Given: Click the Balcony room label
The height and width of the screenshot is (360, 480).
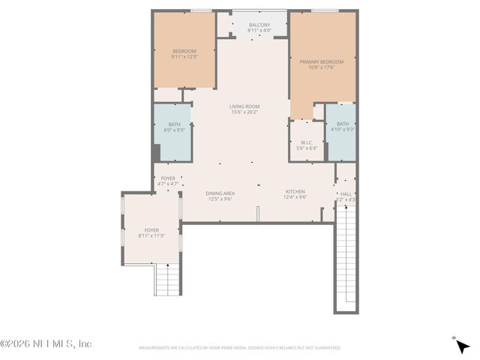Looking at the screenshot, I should (259, 25).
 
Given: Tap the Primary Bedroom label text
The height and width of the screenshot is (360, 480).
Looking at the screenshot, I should (321, 61).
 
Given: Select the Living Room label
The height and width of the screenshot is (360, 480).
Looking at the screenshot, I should (244, 106).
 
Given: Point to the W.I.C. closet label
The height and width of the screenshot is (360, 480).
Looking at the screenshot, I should (307, 142).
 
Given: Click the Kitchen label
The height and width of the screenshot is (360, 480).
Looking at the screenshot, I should (295, 193).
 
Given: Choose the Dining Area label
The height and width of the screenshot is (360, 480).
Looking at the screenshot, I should (220, 193).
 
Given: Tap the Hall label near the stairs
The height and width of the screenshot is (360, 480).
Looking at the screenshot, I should (346, 194).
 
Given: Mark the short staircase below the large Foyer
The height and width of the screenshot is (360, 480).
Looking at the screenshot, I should (168, 280).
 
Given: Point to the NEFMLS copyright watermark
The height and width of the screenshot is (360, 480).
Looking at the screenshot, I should (46, 343).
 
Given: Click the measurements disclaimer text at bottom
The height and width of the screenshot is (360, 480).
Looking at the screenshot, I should (240, 348).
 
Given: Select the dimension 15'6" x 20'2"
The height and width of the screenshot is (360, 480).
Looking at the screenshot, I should (244, 112).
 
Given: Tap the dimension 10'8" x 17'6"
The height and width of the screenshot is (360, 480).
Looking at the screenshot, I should (321, 67).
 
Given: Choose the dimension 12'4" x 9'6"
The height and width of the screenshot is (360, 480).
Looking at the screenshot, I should (295, 199).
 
